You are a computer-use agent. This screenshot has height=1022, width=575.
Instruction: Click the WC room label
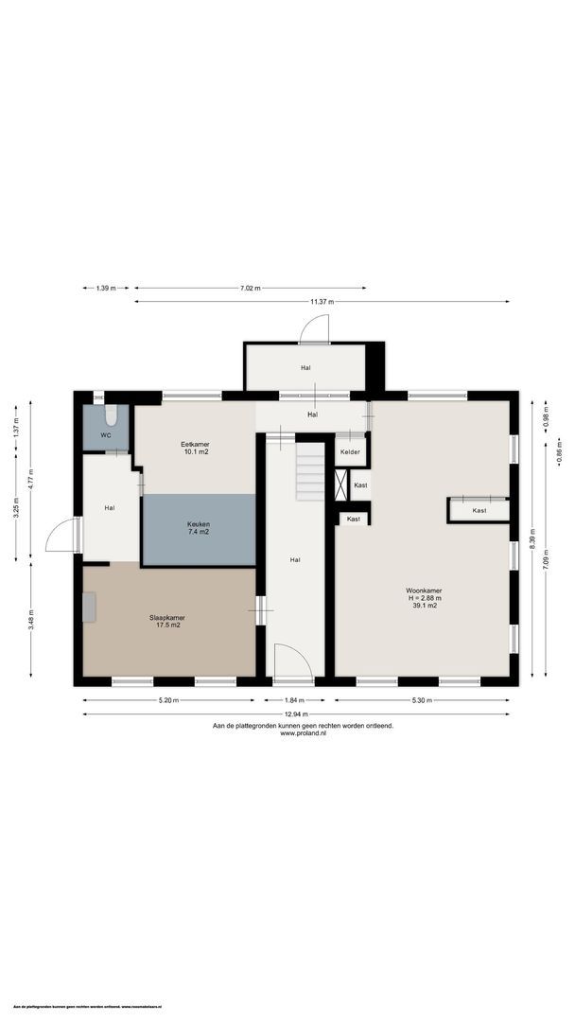point(108,435)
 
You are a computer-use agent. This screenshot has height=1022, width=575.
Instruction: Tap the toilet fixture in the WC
point(111,415)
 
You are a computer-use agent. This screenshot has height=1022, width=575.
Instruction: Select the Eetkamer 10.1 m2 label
point(195,448)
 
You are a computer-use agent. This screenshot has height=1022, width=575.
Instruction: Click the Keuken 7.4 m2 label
point(199,528)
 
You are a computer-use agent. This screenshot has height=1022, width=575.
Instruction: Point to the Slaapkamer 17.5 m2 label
point(167,622)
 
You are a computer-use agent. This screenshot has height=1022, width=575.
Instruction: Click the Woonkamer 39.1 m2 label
point(425,598)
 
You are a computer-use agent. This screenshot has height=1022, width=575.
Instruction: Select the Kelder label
point(350,452)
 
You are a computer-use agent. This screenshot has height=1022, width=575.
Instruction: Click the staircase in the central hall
point(309,473)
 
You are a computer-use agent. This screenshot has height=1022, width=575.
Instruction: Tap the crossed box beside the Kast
point(341,485)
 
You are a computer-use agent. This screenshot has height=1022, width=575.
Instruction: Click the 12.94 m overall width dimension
point(296,714)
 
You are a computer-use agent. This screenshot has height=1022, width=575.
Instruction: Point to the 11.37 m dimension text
point(322,302)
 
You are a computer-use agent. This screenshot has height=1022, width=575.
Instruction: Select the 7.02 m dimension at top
point(250,288)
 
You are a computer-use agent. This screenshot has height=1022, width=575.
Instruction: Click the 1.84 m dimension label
point(295,700)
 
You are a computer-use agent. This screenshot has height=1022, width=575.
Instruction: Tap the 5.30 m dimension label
point(422,700)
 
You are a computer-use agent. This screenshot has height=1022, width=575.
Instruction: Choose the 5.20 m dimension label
point(168,700)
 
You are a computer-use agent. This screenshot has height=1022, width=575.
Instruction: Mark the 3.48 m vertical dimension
point(30,620)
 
